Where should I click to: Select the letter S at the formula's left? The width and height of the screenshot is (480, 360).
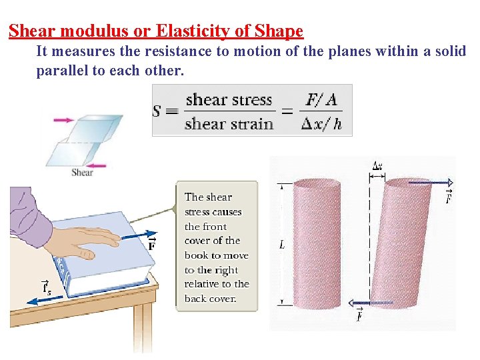click(x=157, y=111)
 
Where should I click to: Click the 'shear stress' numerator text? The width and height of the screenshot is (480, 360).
click(x=229, y=100)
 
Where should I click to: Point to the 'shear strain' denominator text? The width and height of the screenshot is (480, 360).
click(x=229, y=124)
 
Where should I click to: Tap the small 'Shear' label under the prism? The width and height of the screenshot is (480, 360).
click(x=82, y=173)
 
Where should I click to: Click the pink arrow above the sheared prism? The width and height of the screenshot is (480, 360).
click(x=65, y=121)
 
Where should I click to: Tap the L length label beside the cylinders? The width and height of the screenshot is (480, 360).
click(x=282, y=245)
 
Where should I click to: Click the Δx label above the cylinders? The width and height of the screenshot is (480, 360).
click(x=377, y=166)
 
